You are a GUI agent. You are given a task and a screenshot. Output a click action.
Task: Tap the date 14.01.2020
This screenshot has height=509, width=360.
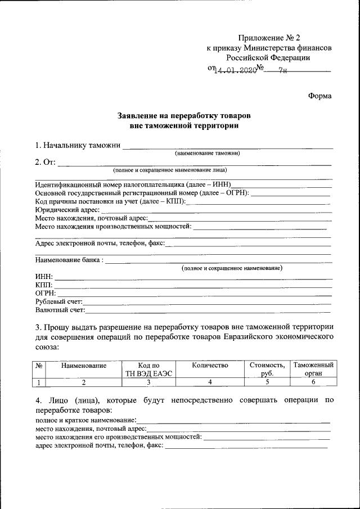coord(235,71)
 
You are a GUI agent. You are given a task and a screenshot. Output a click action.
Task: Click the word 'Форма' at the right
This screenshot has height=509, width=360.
coord(319,96)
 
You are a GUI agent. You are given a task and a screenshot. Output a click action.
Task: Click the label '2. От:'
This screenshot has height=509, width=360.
coord(45,163)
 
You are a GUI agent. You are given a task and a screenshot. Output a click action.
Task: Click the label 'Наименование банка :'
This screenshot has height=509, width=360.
coord(69,260)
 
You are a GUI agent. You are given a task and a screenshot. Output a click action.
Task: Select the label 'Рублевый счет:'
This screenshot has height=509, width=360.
coord(58,301)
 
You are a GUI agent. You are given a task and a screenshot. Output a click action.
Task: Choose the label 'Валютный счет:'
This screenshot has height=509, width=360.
coord(60,309)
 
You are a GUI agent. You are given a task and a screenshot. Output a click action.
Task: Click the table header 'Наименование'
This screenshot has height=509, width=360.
coord(84,366)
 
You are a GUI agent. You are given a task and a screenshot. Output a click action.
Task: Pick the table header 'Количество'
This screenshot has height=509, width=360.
coord(210,366)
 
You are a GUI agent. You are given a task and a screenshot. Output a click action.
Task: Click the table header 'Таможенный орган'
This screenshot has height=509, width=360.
coord(313,370)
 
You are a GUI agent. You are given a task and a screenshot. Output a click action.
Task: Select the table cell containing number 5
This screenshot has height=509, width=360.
coord(268,382)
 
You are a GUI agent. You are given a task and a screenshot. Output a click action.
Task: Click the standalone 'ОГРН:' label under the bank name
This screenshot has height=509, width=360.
coord(44,293)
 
